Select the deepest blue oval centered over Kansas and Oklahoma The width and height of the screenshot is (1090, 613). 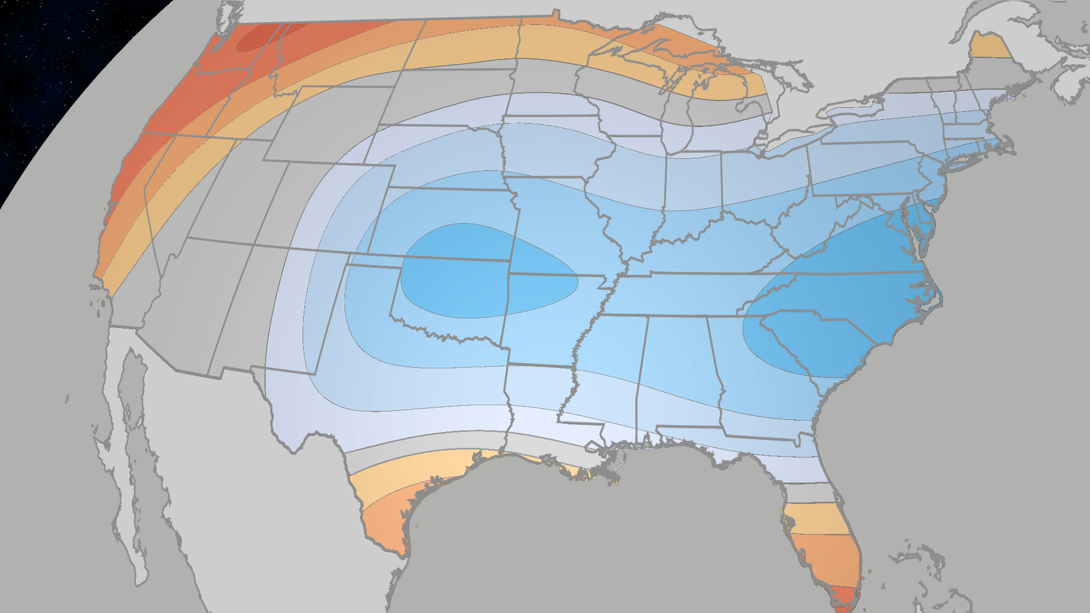483,272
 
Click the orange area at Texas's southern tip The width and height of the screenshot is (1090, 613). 386,528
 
